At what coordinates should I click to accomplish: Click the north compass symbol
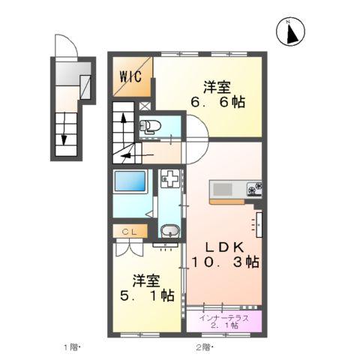[x=290, y=31]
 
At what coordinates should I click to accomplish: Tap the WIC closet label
[x=130, y=75]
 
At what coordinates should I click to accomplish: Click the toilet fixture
[x=149, y=126]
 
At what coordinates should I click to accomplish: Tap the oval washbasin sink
[x=169, y=231]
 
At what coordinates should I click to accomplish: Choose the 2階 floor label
[x=204, y=346]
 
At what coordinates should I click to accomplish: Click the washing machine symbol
[x=170, y=180]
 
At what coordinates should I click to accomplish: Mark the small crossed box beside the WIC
[x=144, y=105]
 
